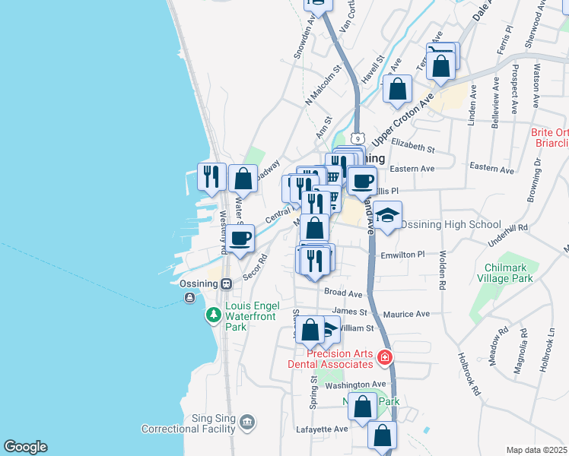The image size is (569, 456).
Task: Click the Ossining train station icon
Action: pyautogui.click(x=226, y=284)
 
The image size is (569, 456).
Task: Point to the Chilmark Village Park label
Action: pyautogui.click(x=512, y=274)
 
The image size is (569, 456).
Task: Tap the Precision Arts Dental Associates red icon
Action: pyautogui.click(x=386, y=356)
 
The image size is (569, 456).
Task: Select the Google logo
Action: pyautogui.click(x=25, y=447)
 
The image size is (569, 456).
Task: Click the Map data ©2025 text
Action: pyautogui.click(x=536, y=450)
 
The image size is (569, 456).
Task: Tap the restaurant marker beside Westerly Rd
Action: pyautogui.click(x=212, y=177)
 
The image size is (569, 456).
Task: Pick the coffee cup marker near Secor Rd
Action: pyautogui.click(x=240, y=239)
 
